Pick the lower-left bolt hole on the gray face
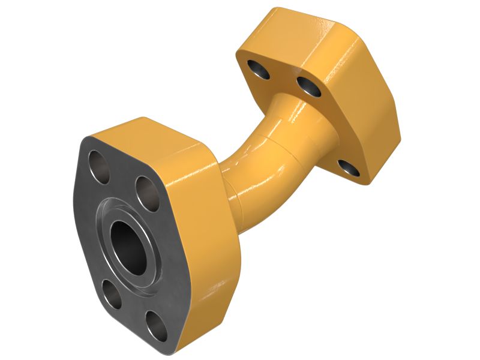110,292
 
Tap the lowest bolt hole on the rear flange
348,168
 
